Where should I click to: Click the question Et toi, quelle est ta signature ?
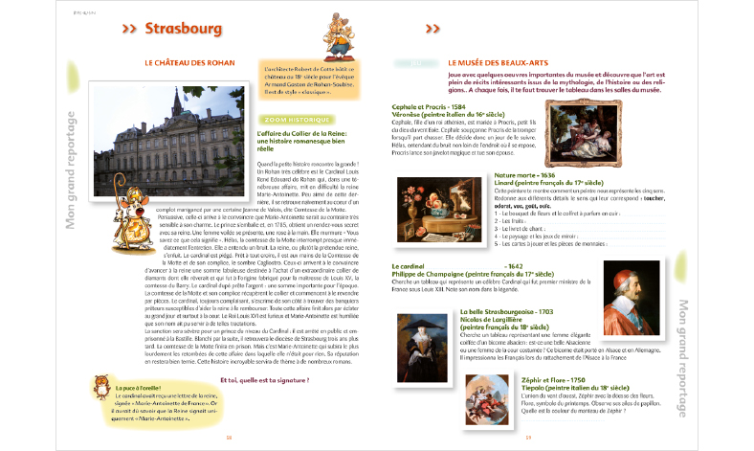click(x=269, y=379)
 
